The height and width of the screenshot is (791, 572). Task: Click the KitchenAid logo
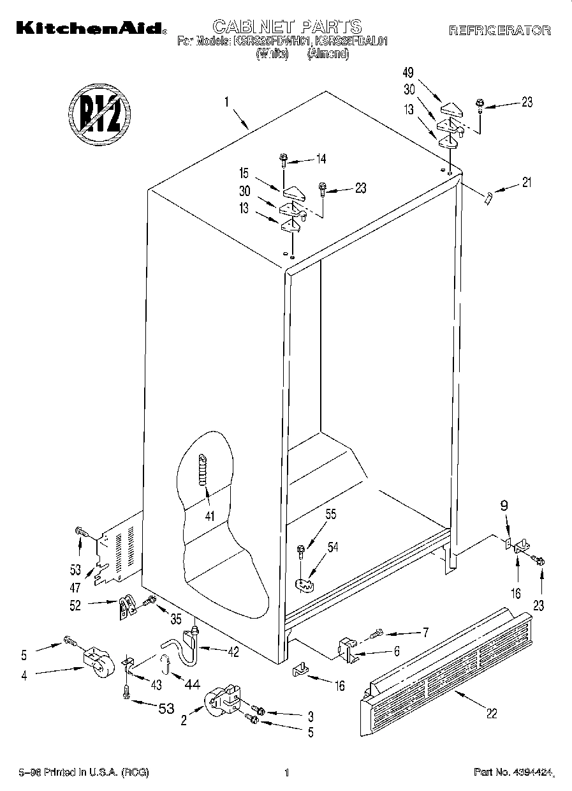(89, 27)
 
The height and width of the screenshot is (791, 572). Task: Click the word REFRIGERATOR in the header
(499, 30)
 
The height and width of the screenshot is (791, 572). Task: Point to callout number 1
(226, 100)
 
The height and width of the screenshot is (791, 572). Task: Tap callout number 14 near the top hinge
(321, 159)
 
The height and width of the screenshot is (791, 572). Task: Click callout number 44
(191, 684)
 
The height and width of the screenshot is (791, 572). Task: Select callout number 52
(76, 606)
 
